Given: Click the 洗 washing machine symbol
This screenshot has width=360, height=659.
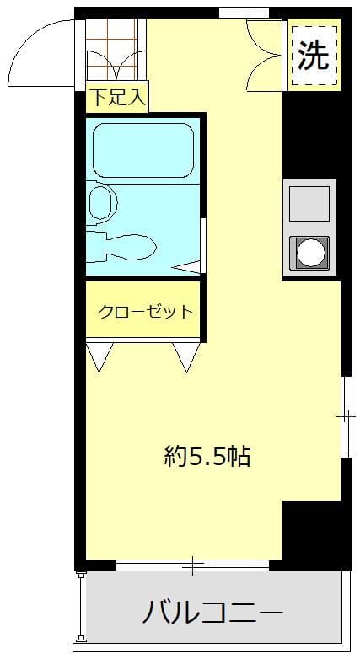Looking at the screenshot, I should click(313, 56).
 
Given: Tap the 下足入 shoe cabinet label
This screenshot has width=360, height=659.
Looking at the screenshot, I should click(117, 98).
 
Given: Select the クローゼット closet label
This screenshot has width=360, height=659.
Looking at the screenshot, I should click(146, 311).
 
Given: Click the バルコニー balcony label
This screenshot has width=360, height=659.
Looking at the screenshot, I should click(212, 610).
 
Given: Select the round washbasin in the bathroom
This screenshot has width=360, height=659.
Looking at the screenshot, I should click(101, 202).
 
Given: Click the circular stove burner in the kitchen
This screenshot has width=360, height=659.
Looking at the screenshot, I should click(309, 252).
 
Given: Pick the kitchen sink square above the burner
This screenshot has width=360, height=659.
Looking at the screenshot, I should click(309, 203).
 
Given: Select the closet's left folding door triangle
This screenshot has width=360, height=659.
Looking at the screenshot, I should click(99, 356).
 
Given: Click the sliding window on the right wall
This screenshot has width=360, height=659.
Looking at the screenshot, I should click(346, 416).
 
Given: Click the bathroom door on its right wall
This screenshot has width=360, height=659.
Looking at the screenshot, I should click(202, 244).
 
